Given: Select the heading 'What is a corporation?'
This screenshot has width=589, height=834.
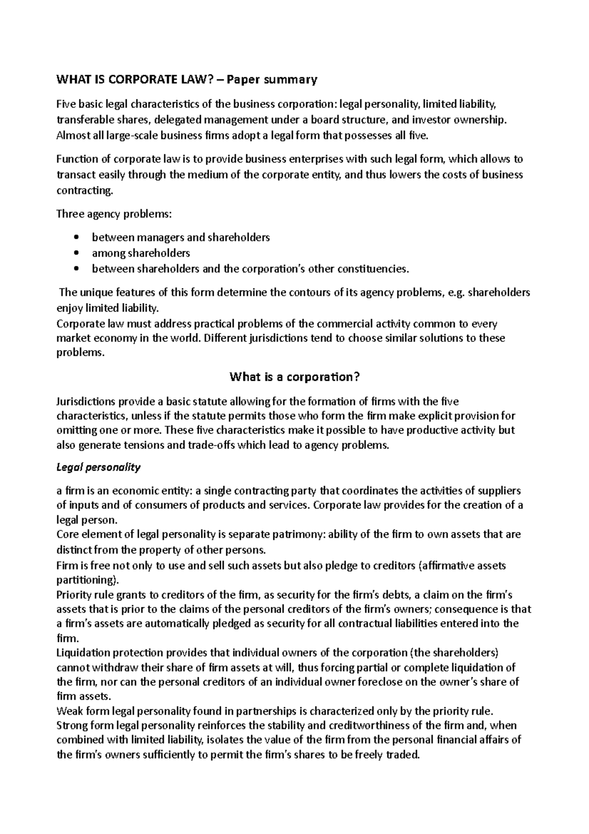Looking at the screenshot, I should click(x=295, y=377).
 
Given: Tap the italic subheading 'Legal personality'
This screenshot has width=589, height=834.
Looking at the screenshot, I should click(x=99, y=467).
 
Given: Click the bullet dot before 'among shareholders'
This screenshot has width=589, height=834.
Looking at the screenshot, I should click(x=75, y=254).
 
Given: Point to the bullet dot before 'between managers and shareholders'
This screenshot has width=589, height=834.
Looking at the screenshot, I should click(x=75, y=238).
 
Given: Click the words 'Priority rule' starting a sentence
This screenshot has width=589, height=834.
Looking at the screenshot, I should click(x=81, y=595).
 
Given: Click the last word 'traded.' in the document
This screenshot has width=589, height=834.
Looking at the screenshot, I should click(x=403, y=755).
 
